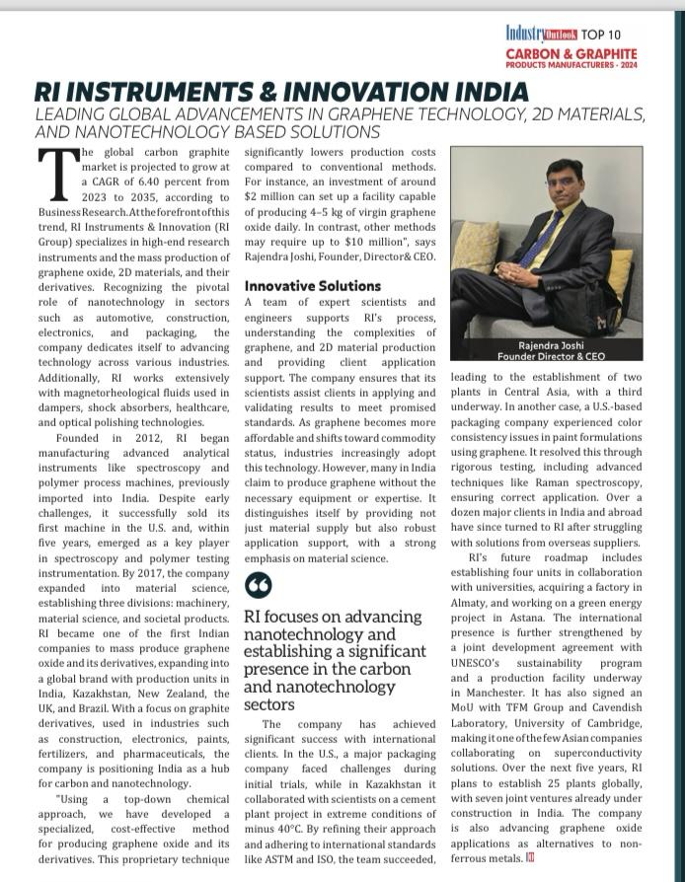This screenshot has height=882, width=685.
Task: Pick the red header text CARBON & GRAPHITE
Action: pos(571,53)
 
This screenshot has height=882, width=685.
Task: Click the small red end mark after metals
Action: pos(529,856)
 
